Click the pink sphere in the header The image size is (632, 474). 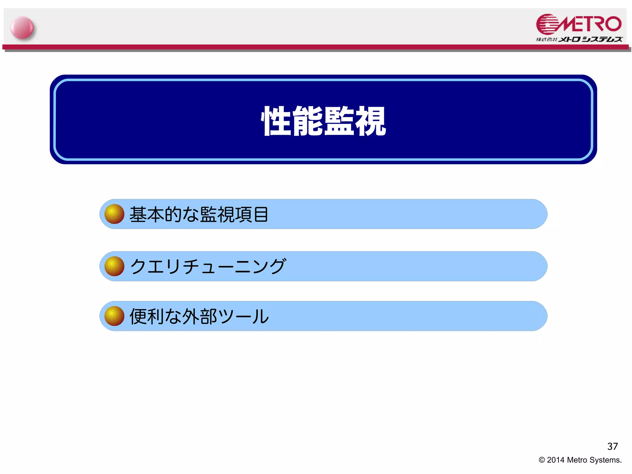point(22,28)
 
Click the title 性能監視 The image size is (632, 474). point(323,121)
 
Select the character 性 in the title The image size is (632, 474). point(276,121)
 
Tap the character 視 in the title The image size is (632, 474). point(371,121)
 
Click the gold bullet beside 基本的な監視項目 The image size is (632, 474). point(114,214)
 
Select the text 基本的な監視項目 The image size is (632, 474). point(199,214)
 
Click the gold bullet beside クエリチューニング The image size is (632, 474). point(114,266)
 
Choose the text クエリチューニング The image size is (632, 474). point(208,266)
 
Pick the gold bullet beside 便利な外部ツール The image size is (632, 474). point(114,316)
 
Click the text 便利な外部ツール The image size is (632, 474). point(199,317)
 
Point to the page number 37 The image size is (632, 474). point(612,446)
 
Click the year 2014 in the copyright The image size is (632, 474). point(556,460)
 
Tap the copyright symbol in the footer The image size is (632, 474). point(542,460)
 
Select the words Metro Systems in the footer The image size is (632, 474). point(594,460)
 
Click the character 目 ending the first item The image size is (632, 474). point(261,214)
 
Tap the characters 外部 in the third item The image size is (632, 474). point(200,317)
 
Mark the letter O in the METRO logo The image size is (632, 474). point(613,24)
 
